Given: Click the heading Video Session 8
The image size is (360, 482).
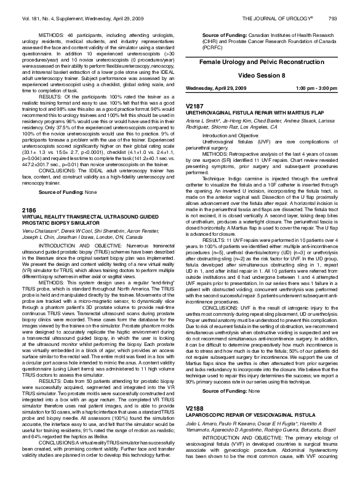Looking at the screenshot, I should (x=262, y=74).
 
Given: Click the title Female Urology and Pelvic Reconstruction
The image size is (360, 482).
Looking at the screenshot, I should (x=262, y=63).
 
